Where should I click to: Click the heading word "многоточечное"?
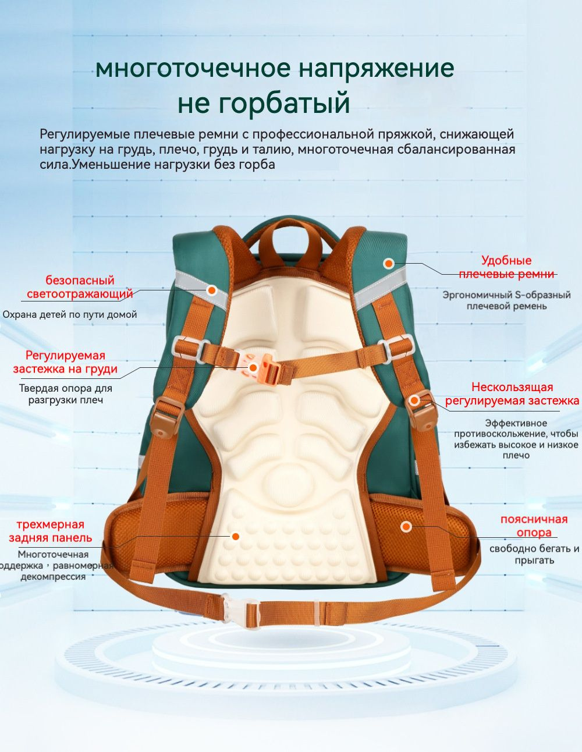coord(193,69)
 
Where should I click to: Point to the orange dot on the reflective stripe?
coord(212,290)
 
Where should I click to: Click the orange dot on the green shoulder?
coord(389,264)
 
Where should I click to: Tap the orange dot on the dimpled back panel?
coord(236,537)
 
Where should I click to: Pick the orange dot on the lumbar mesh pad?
coord(406,527)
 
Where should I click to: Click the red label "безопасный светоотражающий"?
coord(80,287)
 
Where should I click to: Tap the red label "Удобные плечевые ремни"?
coord(506,267)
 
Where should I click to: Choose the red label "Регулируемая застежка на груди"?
coord(65,363)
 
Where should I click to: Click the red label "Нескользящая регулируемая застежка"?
coord(512,393)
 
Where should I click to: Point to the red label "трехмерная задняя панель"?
coord(51,531)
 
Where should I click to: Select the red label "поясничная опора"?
coord(534,526)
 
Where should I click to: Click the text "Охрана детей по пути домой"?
coord(70,314)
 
